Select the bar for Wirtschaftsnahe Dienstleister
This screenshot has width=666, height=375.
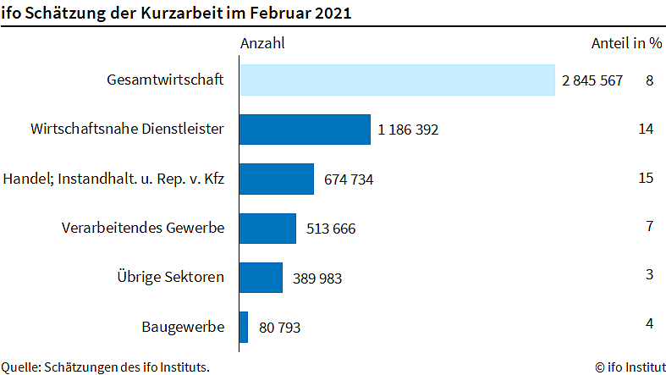coord(305,130)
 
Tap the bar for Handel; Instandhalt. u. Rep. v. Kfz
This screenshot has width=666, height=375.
coord(276,179)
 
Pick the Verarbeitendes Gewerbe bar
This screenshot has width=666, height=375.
coord(267,228)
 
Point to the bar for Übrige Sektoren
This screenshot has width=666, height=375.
coord(261,277)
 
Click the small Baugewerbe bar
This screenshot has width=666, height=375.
coord(244,326)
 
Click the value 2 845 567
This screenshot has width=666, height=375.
coord(592,81)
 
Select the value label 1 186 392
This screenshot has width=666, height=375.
coord(408,130)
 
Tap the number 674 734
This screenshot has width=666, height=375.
coord(349,179)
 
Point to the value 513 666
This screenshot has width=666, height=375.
coord(331,229)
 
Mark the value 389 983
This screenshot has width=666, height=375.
coord(317,278)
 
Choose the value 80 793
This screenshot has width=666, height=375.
coord(279,327)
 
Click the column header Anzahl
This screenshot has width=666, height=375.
coord(262,43)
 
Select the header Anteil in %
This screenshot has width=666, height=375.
coord(625,43)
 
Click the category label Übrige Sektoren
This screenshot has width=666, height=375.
coord(170,277)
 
